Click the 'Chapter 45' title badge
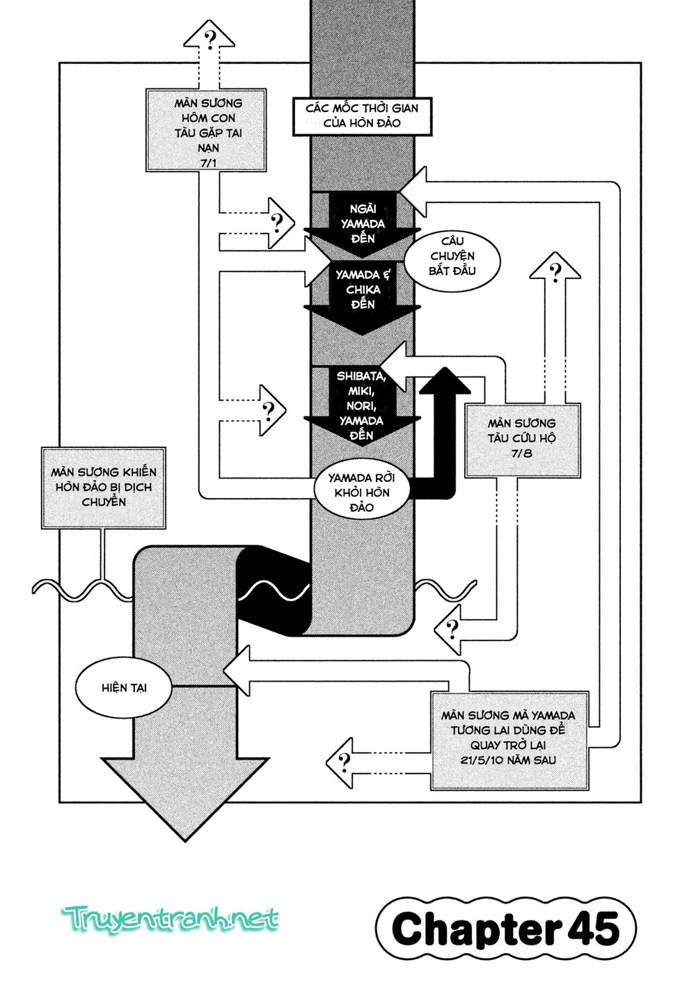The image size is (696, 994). tap(505, 929)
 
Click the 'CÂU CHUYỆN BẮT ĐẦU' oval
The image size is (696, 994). tap(452, 255)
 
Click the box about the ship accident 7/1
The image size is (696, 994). tap(208, 129)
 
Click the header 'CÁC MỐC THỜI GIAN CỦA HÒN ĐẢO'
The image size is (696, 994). tap(361, 115)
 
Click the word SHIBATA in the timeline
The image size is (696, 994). tap(359, 376)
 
